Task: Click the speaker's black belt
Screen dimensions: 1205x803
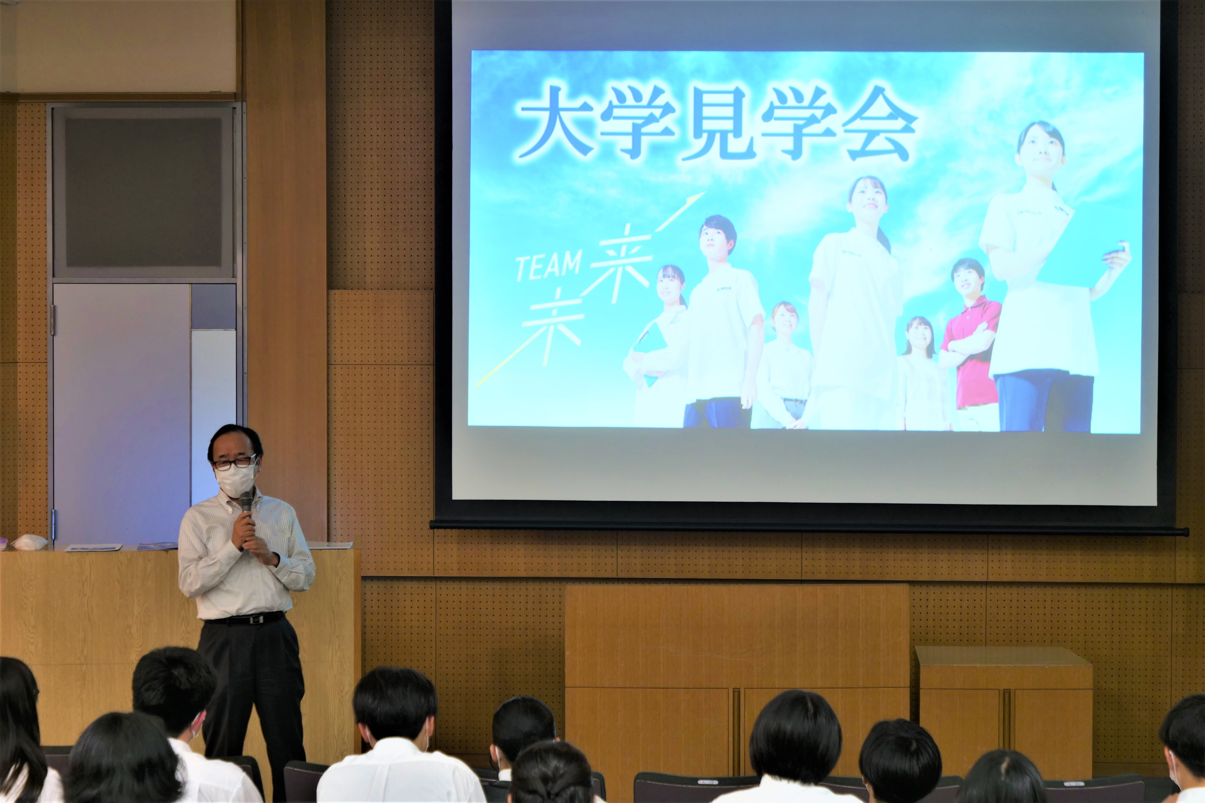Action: pyautogui.click(x=244, y=618)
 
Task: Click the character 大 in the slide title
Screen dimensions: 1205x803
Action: pyautogui.click(x=555, y=123)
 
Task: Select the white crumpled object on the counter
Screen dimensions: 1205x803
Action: pyautogui.click(x=29, y=542)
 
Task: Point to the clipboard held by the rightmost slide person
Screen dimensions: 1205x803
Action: pyautogui.click(x=1081, y=251)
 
